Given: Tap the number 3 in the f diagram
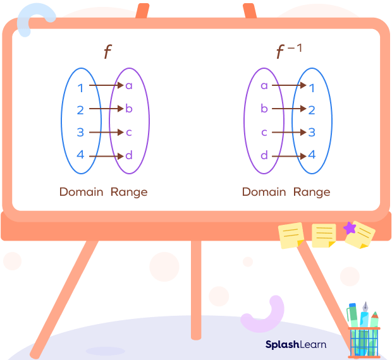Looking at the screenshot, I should (80, 133).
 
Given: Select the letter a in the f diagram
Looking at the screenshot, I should (129, 86).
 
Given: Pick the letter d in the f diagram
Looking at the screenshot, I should (129, 155).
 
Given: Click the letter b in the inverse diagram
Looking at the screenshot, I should (264, 109).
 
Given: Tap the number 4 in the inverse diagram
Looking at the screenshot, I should (312, 155).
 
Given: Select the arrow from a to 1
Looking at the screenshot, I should (288, 85).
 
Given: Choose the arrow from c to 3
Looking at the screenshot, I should (288, 132).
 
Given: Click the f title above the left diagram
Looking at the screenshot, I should (107, 52).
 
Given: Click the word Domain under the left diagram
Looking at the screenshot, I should (81, 191).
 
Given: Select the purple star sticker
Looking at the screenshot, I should (349, 228).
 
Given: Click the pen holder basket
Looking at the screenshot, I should (364, 341).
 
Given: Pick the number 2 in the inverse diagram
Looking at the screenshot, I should (312, 110).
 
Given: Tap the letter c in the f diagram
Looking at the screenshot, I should (129, 133).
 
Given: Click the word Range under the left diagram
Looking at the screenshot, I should (129, 191).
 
